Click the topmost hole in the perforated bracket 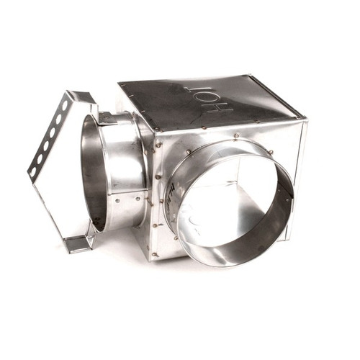64,106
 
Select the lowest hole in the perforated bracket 36,166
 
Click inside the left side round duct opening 94,173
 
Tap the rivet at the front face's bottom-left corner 154,253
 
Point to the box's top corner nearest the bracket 120,86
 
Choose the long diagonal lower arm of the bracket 50,209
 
